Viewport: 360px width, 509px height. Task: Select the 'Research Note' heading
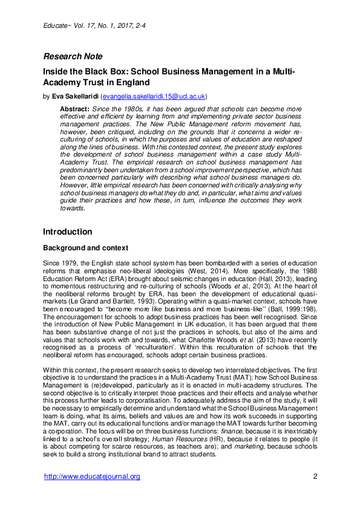73,57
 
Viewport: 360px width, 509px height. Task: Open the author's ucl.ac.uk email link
155,96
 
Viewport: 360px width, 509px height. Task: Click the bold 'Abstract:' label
74,108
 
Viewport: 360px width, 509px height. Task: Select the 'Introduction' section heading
67,232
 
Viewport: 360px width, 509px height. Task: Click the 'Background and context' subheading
88,248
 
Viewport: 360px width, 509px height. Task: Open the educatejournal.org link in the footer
92,476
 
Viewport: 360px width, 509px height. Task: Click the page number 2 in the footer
315,476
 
